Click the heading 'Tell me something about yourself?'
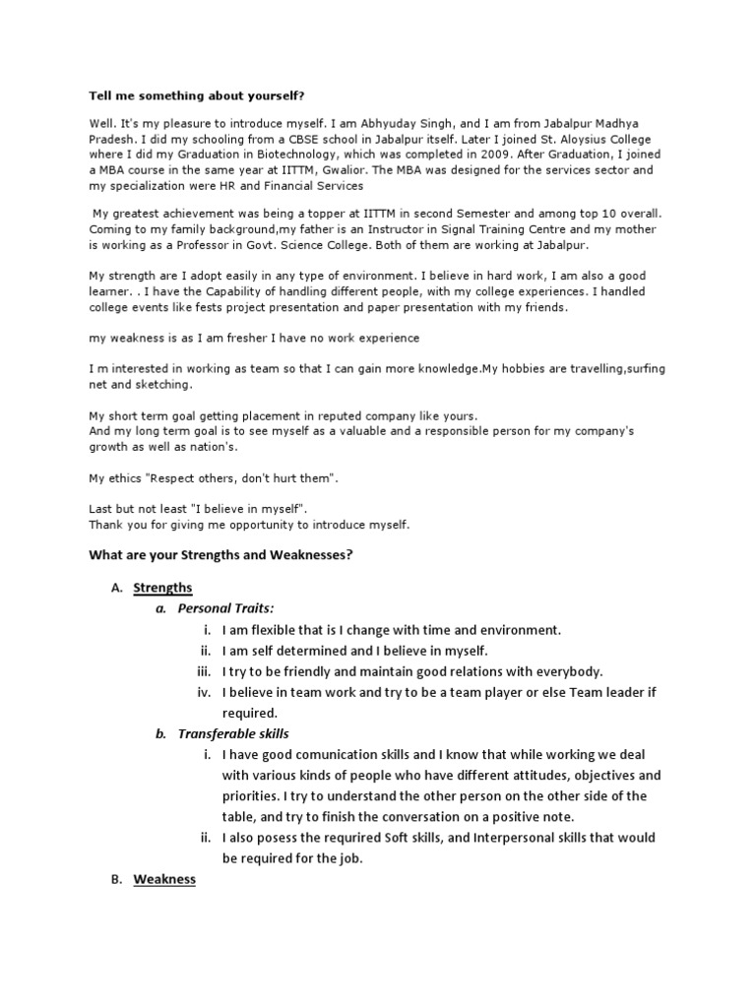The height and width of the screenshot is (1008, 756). [x=184, y=95]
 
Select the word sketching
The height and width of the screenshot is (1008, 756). [x=148, y=384]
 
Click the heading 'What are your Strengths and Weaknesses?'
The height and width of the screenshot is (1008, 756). [x=220, y=555]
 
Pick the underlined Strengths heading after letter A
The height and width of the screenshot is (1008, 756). [x=163, y=588]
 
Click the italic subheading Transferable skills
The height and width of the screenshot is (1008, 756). [x=233, y=734]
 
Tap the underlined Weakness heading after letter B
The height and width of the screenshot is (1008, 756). [x=164, y=879]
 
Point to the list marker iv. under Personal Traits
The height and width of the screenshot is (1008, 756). [x=205, y=693]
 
